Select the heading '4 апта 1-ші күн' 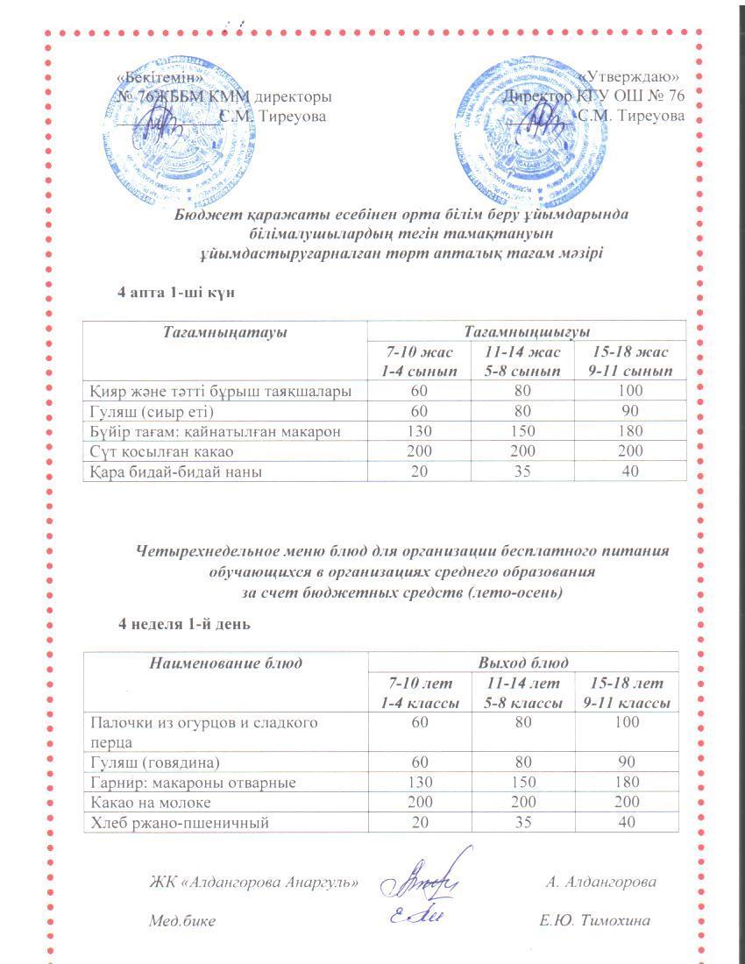175,292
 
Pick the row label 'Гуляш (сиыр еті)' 153,411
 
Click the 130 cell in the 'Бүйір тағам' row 418,431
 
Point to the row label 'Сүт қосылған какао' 160,451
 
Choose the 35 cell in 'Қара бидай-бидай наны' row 521,471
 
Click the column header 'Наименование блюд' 225,663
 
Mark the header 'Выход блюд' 522,663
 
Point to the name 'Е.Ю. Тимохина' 595,921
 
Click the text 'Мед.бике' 181,921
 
